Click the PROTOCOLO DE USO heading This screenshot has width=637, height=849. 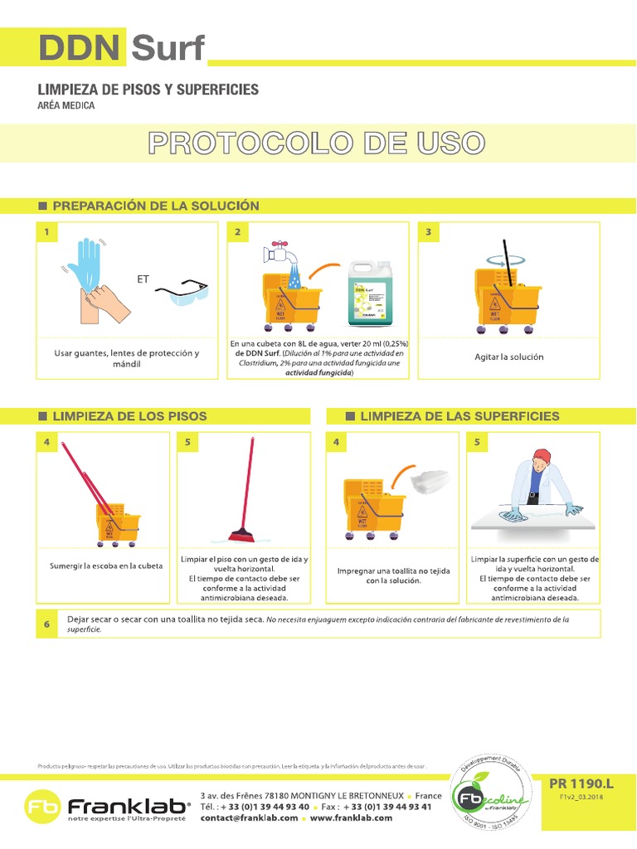(315, 143)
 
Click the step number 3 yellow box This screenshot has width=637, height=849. (429, 232)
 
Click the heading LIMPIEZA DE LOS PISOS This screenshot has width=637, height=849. (129, 416)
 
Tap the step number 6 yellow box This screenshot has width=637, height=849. (47, 623)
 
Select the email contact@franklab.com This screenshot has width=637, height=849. (249, 817)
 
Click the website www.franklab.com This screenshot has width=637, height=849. (351, 817)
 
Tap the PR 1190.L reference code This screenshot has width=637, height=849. (581, 783)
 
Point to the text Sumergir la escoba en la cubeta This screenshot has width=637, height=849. (106, 566)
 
